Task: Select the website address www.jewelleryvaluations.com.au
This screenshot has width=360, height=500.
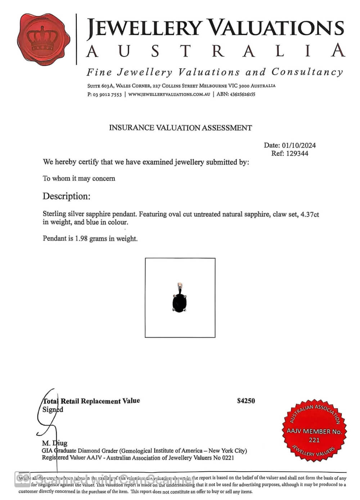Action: [x=169, y=94]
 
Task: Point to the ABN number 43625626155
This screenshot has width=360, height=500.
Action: [x=242, y=94]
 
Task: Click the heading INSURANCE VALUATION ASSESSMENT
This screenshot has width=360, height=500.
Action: [x=180, y=128]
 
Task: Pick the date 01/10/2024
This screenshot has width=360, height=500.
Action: [x=299, y=145]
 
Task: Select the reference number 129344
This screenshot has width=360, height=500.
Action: [x=297, y=153]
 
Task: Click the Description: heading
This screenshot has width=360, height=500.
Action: [x=66, y=196]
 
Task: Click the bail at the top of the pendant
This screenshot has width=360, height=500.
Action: [x=180, y=287]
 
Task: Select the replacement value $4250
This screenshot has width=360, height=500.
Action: [x=246, y=401]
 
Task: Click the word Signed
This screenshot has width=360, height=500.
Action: [x=53, y=410]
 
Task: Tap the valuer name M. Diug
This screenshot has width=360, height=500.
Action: [x=54, y=443]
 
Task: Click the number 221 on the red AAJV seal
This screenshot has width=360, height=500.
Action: [x=314, y=440]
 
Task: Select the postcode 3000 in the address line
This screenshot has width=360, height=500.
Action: [x=243, y=86]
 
